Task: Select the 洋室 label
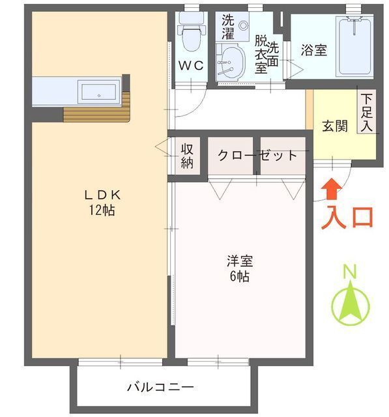[x=239, y=261]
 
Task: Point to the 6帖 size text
[x=239, y=276]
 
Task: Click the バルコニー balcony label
[x=159, y=386]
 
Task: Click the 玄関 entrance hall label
[x=334, y=126]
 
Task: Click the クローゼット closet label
[x=257, y=156]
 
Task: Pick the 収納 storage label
[x=188, y=156]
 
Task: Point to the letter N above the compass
[x=351, y=270]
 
